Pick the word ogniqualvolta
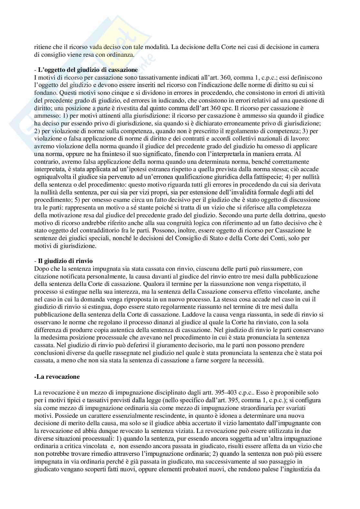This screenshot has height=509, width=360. click(x=51, y=177)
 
